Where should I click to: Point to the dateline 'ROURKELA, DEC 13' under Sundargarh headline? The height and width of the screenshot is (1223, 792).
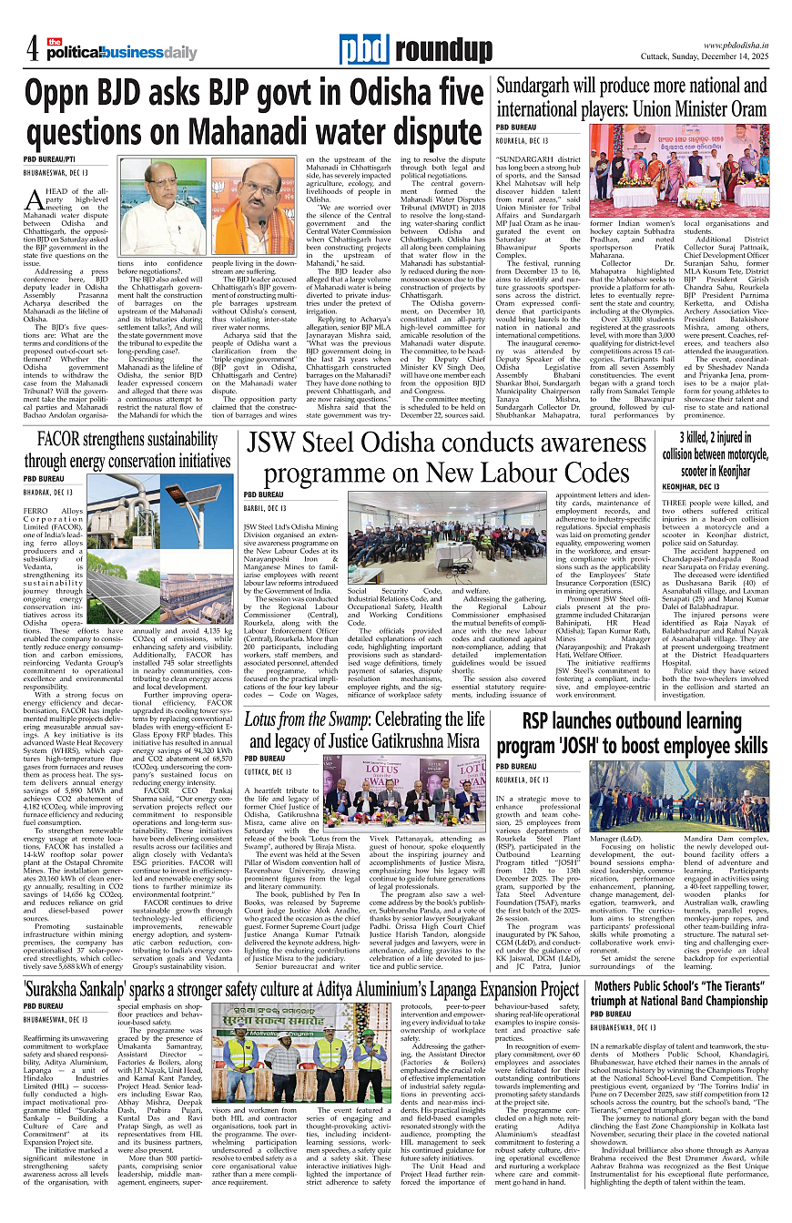click(522, 141)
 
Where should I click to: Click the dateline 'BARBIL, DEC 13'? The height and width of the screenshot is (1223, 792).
click(265, 508)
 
